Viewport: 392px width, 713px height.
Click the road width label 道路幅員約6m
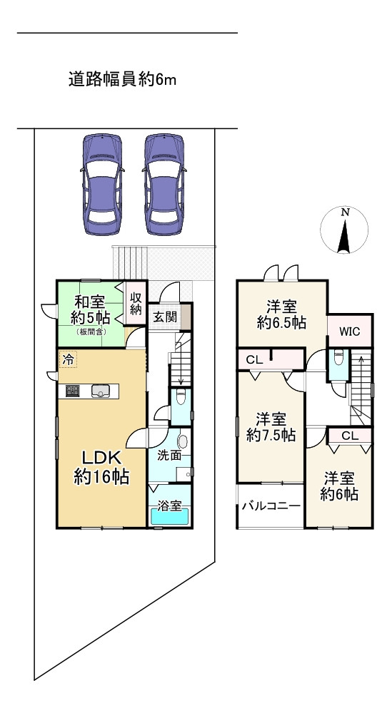point(122,80)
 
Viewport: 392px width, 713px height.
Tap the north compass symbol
point(345,231)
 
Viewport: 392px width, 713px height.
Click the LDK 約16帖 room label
point(101,467)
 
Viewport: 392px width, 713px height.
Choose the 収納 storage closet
point(136,304)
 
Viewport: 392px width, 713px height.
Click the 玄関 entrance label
point(165,317)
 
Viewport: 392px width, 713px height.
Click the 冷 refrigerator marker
point(68,360)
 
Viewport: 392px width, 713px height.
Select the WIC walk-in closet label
point(349,332)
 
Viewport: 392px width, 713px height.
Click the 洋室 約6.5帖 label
point(281,314)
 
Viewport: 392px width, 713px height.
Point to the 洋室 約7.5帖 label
point(271,426)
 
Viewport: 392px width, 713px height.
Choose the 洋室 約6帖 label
point(339,485)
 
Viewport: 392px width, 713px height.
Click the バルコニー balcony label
point(270,507)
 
